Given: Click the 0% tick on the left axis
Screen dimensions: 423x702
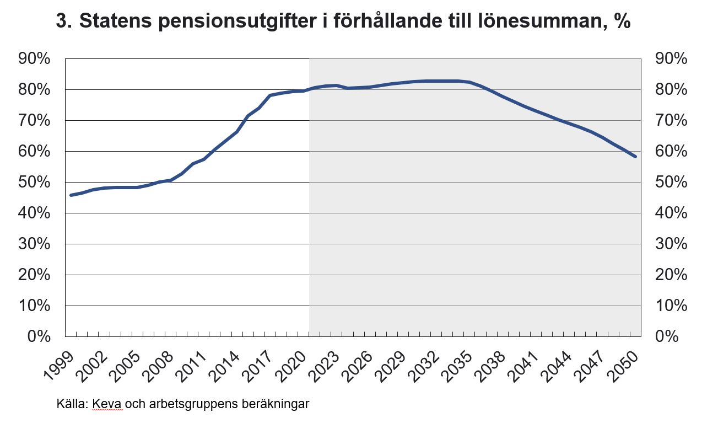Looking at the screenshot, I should [x=42, y=336].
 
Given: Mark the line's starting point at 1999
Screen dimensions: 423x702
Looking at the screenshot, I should [x=71, y=195].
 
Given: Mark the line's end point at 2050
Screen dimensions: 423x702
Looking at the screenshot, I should [x=635, y=157].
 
